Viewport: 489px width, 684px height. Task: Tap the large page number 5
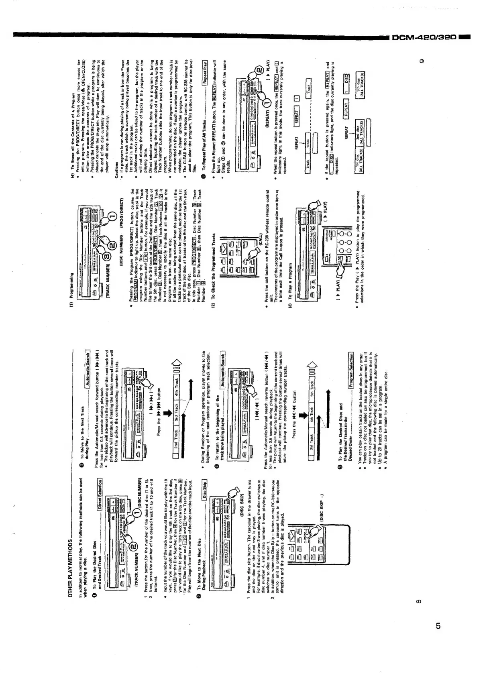(438, 626)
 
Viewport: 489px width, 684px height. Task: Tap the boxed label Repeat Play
(206, 71)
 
